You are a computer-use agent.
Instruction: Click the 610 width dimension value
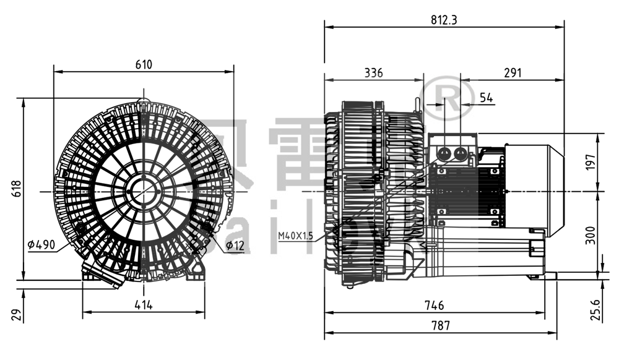click(144, 64)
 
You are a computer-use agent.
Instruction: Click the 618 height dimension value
click(17, 189)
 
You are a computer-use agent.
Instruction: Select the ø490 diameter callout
click(41, 245)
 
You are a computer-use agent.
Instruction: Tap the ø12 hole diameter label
click(235, 246)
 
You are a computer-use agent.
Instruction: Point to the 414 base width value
click(144, 304)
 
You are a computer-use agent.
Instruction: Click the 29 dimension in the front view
click(17, 315)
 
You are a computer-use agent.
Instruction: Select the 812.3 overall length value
click(444, 20)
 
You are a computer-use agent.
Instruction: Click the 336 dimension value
click(373, 73)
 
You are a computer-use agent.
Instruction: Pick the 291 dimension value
click(513, 73)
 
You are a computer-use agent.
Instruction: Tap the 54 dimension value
click(487, 98)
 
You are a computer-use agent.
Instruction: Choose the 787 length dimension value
click(441, 325)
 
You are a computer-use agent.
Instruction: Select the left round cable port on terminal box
click(444, 153)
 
